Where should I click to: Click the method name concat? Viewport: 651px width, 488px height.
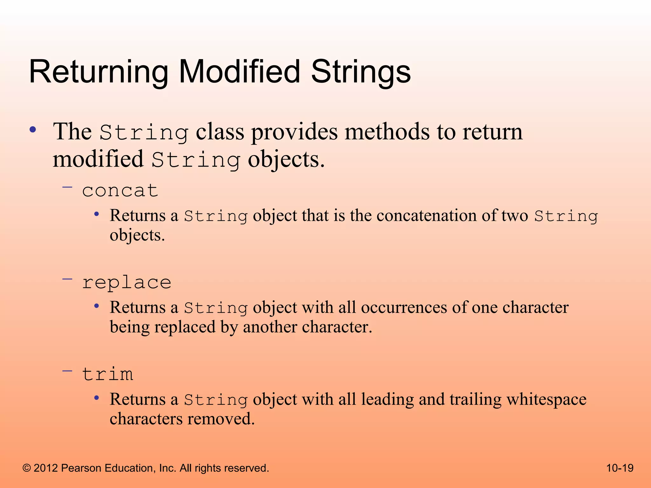click(x=120, y=191)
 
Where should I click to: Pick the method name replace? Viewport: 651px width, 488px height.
click(x=127, y=282)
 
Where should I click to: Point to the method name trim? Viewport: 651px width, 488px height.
click(x=107, y=374)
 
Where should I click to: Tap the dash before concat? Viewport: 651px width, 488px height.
click(x=67, y=187)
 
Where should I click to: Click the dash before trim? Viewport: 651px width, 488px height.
click(x=67, y=371)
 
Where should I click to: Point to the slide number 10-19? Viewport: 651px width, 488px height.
click(x=620, y=468)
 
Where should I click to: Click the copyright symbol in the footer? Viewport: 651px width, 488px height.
click(x=27, y=468)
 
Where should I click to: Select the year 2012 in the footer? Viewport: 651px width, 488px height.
click(x=46, y=468)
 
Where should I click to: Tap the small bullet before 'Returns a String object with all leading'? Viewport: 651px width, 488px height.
click(x=97, y=398)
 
